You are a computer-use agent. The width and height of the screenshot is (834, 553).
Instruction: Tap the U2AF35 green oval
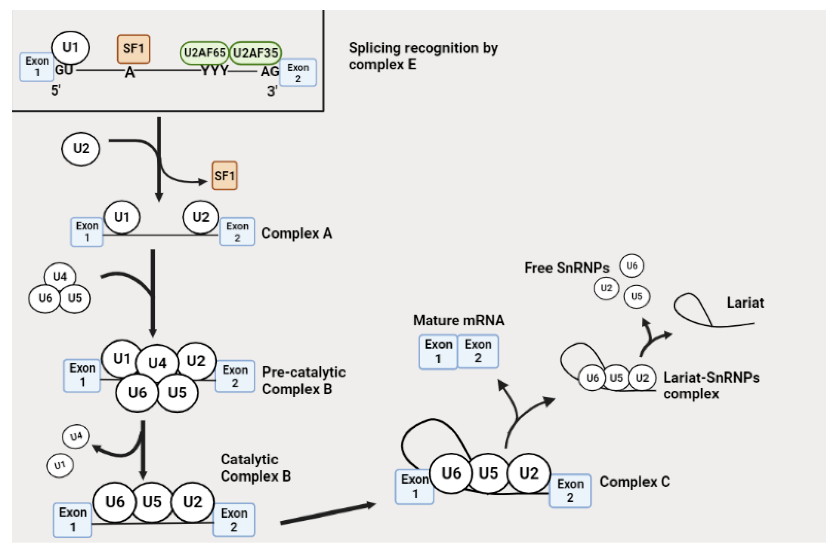coord(255,53)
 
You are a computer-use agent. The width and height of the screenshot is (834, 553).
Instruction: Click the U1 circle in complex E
coord(70,47)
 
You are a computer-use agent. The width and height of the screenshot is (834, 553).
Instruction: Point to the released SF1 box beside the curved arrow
coord(224,175)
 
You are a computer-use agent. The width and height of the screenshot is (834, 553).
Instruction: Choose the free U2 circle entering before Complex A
coord(81,149)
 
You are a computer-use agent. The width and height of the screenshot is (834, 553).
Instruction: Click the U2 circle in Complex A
coord(201,217)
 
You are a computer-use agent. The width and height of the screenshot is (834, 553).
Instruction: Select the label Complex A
coord(297,233)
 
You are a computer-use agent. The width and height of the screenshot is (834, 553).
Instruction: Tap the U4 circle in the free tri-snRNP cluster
coord(60,276)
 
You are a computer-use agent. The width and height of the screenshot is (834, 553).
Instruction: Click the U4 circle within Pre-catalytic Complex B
coord(157,363)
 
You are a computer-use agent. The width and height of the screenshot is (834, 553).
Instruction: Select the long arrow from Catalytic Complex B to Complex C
coord(328,513)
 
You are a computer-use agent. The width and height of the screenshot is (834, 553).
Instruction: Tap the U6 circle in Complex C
coord(451,473)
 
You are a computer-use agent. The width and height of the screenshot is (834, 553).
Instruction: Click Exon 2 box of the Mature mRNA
coord(478,351)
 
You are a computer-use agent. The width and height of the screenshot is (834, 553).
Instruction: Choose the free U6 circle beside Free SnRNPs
coord(632,266)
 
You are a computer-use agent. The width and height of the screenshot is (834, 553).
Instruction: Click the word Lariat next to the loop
coord(745,303)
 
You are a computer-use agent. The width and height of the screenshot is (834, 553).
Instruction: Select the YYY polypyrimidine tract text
coord(215,70)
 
